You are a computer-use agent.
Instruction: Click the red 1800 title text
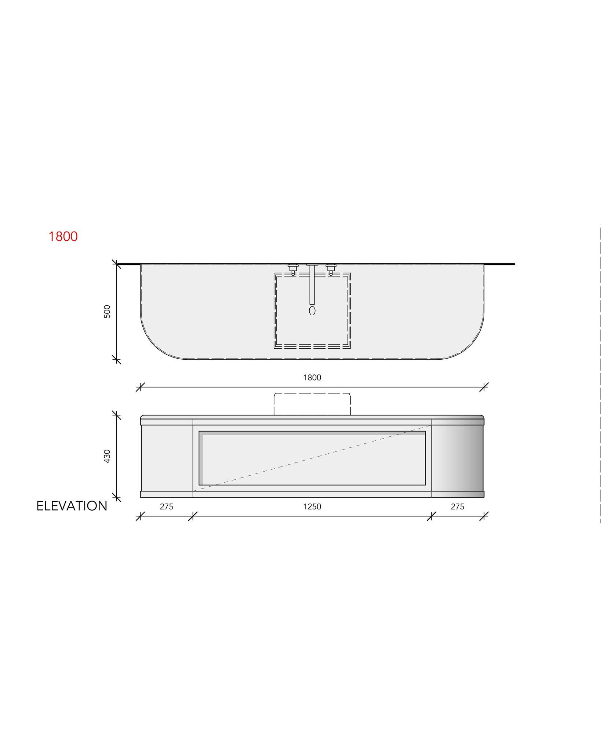(63, 237)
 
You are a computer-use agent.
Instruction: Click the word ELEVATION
(72, 506)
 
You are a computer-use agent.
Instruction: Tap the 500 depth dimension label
(107, 311)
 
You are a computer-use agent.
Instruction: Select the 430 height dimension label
(107, 456)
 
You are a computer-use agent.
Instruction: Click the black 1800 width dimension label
(312, 378)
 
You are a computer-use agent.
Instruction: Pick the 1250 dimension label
(312, 507)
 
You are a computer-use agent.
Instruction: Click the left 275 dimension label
(167, 507)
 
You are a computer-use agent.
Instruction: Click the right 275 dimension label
(458, 507)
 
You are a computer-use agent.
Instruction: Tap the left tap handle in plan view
(293, 270)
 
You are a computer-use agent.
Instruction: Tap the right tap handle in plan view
(331, 270)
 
